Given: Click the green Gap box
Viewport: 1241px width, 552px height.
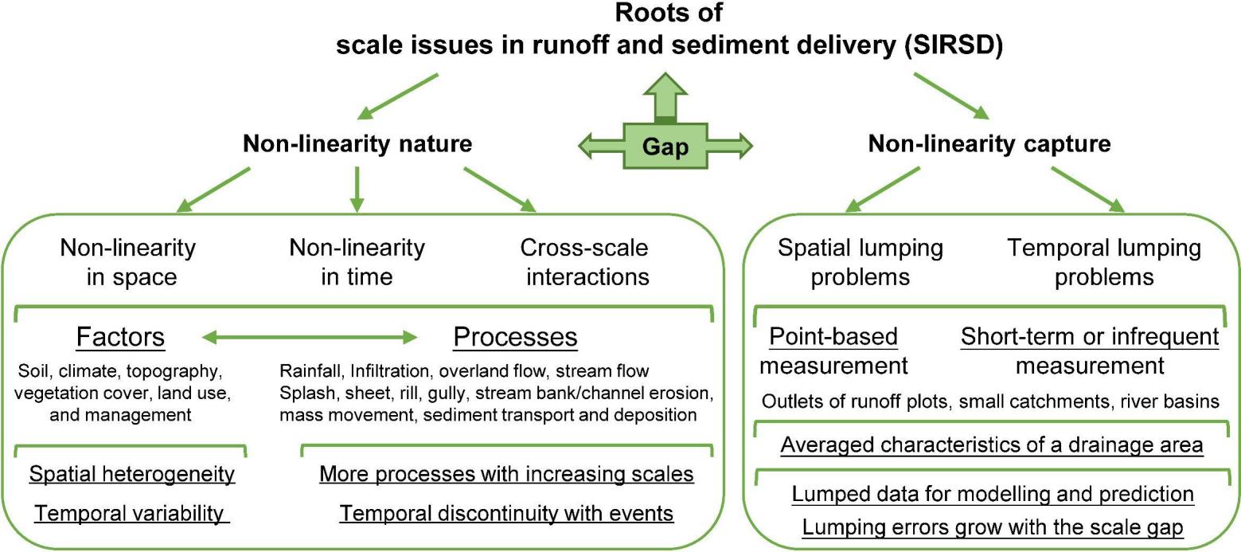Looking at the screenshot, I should point(665,147).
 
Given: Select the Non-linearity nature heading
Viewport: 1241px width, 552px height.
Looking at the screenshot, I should point(357,143).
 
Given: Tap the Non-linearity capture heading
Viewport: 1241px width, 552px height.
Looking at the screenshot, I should point(989,143).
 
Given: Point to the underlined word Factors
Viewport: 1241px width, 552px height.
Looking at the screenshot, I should point(120,338).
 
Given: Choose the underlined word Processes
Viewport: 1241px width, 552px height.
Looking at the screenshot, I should point(515,338).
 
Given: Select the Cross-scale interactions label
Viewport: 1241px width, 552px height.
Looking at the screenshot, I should point(584,262).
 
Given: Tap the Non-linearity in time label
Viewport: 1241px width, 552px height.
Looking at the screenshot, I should point(357,262).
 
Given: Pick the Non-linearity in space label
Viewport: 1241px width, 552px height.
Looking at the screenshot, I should point(127,262).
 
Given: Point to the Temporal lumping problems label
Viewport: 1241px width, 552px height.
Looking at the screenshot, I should point(1103,262).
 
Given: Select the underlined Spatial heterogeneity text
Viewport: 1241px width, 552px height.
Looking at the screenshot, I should point(132,475).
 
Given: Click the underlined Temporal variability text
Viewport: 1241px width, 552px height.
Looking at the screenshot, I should point(131,514).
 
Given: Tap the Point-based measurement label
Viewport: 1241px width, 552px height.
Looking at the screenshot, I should point(833,351).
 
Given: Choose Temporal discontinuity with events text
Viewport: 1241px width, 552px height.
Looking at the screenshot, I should point(506,514).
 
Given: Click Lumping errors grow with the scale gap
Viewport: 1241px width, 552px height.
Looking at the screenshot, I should point(993,527).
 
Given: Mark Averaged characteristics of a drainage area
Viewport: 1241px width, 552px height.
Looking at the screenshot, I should point(991,444).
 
